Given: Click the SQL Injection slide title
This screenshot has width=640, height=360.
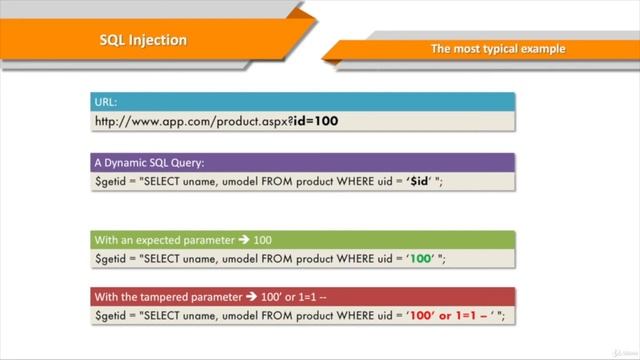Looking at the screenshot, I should pos(143,40).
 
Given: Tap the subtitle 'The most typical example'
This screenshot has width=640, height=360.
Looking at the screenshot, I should pos(497,48).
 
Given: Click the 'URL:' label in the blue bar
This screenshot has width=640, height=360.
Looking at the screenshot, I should pos(105,102).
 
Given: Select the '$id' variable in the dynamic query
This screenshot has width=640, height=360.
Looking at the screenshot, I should pos(422,181).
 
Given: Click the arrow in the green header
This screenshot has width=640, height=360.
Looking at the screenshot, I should pos(244,240).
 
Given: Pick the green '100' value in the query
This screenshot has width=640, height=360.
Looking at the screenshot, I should pos(421,259).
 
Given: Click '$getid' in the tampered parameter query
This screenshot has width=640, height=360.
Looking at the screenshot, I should pos(112,316).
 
